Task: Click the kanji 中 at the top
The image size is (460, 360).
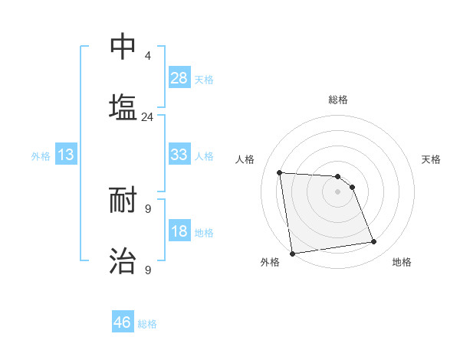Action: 123,46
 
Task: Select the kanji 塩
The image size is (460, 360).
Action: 123,107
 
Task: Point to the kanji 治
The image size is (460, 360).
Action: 123,260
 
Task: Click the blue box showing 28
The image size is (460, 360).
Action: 179,77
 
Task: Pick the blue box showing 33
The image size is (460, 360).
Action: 179,155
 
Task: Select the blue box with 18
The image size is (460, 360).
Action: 179,231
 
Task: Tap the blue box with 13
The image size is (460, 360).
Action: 66,155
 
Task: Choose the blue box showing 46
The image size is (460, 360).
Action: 123,322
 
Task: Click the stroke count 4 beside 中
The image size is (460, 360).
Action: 148,56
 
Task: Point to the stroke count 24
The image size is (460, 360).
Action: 147,117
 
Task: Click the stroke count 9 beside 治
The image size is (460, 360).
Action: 148,270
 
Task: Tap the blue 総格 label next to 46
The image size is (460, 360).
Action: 147,324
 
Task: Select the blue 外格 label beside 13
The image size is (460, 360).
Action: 41,156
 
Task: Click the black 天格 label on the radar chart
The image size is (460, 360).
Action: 432,159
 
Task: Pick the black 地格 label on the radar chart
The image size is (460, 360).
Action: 402,262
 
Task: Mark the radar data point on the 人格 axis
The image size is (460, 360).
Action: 280,172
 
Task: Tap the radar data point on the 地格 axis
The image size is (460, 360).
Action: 373,242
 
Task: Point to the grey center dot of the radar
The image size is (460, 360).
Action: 337,191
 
